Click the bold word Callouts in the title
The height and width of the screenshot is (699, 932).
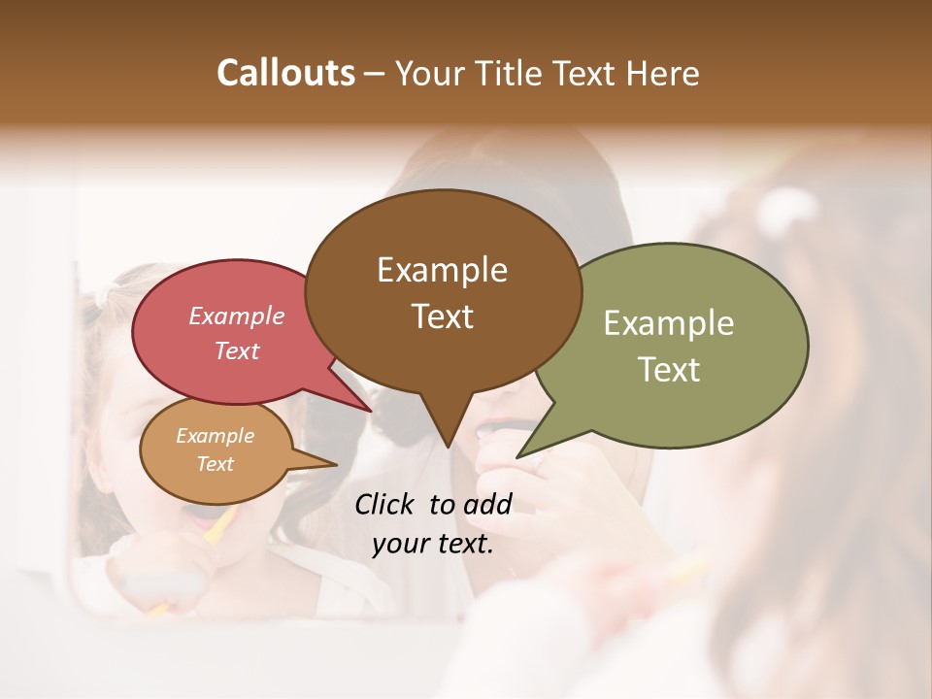point(285,73)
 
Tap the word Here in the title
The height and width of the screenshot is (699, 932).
point(663,73)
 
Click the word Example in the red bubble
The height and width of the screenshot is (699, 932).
point(236,316)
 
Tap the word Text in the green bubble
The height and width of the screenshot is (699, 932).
point(670,370)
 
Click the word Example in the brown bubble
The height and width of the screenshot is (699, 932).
point(442,270)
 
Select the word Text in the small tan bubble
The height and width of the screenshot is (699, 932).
point(216,464)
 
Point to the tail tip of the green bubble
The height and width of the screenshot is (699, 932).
point(519,455)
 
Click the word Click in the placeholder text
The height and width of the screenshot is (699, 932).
point(385,504)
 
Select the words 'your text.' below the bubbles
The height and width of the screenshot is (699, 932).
point(432,545)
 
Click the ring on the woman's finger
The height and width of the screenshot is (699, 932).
point(538,464)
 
